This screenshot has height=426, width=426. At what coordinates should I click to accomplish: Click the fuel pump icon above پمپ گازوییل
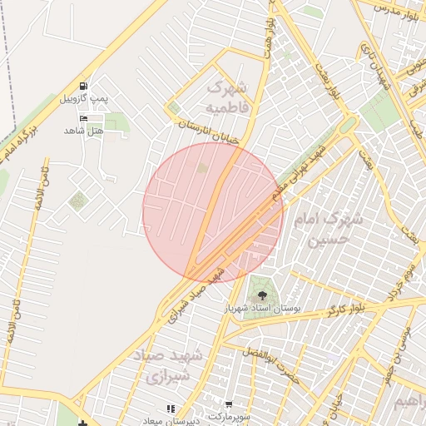82,87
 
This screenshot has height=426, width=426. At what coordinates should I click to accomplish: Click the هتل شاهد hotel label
84,131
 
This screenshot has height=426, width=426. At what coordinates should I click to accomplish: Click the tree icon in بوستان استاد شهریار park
262,294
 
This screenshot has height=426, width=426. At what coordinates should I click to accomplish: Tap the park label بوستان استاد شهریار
266,309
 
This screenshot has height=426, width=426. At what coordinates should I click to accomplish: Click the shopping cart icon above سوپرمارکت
228,404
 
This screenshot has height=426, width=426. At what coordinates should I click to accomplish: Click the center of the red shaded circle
213,213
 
